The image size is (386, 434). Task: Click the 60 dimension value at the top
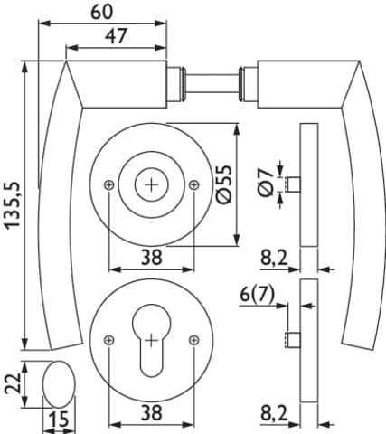(102, 12)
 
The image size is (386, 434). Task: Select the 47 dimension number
(117, 36)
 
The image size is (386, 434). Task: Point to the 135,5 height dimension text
(13, 205)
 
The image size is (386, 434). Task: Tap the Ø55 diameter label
(224, 184)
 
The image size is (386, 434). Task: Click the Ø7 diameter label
(265, 183)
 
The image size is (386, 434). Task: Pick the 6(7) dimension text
(257, 295)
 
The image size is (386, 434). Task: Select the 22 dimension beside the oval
(13, 383)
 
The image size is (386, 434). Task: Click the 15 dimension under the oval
(59, 419)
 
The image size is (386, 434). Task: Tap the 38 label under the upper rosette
(152, 258)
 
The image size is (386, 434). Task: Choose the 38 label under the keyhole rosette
(152, 413)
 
